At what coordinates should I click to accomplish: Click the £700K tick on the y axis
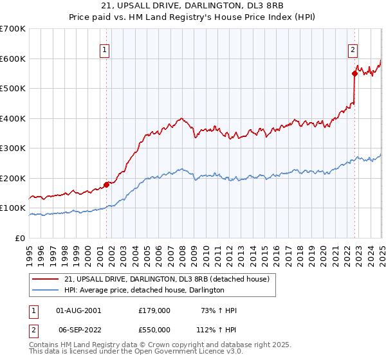(13, 29)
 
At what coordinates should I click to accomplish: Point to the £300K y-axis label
(13, 148)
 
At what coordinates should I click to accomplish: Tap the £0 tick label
(20, 238)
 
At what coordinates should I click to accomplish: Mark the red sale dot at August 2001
(107, 184)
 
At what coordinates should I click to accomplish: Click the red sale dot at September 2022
(354, 73)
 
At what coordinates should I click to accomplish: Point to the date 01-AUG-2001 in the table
(78, 310)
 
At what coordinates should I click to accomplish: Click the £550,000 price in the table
(154, 328)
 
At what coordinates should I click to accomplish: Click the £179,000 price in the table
(154, 310)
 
